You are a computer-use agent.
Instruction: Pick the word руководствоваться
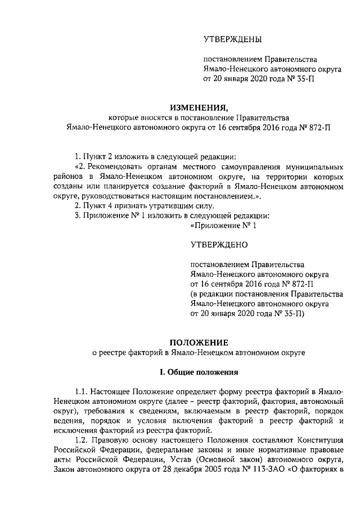click(x=114, y=196)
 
